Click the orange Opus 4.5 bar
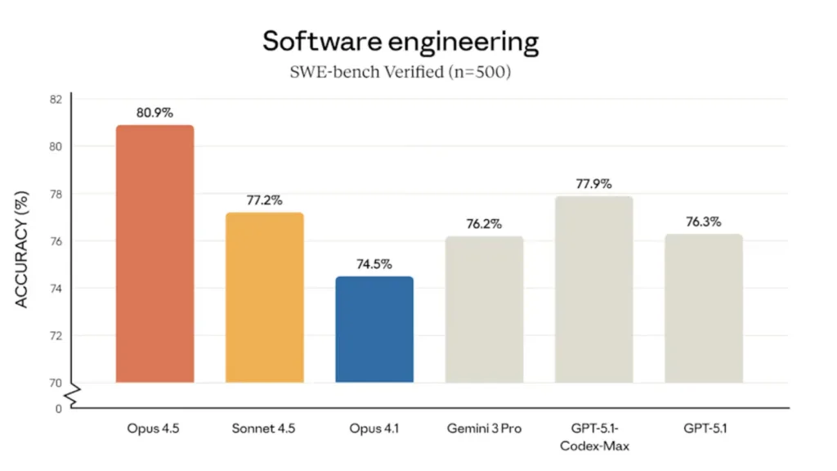point(154,253)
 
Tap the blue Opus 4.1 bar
point(374,329)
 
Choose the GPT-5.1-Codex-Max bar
point(593,289)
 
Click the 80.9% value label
point(154,113)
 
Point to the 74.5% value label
point(374,264)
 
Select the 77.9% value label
point(593,184)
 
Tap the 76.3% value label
point(703,222)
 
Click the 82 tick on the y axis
point(55,99)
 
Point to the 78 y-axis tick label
point(55,194)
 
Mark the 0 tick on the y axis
point(58,408)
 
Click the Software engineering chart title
point(401,42)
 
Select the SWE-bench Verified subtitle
point(401,71)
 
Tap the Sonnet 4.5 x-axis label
point(264,428)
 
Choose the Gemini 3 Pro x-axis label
point(484,428)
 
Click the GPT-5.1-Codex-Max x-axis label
point(593,437)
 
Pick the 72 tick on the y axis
point(55,336)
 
